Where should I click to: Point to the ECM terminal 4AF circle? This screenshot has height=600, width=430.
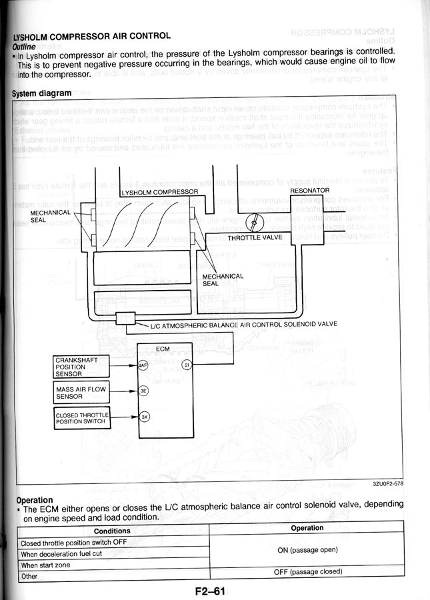tap(142, 365)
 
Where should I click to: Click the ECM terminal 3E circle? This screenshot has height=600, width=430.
tap(142, 392)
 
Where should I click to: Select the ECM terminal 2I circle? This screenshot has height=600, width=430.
tap(187, 365)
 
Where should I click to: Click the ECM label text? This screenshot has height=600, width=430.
tap(163, 349)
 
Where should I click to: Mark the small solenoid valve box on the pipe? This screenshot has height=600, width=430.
tap(125, 319)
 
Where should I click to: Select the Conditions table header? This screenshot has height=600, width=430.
tap(111, 531)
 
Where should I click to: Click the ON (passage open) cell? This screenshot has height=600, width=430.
tap(307, 550)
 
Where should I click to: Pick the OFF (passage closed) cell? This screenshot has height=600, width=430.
tap(307, 572)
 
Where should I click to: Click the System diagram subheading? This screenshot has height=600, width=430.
tap(41, 94)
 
